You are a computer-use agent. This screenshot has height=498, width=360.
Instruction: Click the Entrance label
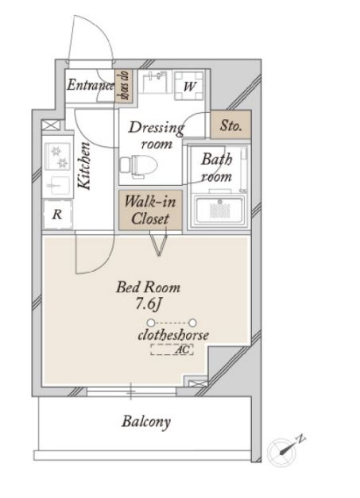[91, 85]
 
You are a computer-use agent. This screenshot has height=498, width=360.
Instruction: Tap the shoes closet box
[124, 86]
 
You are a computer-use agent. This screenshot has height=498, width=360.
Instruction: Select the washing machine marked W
[189, 86]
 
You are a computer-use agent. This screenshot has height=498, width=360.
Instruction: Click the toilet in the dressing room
[139, 164]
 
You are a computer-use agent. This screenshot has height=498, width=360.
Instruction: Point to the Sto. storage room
[231, 125]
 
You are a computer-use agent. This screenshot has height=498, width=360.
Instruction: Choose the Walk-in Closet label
[150, 210]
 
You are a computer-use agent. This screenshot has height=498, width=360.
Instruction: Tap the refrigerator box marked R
[57, 214]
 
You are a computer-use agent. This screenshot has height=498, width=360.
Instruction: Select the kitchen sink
[57, 185]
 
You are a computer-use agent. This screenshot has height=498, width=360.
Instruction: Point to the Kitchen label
[84, 166]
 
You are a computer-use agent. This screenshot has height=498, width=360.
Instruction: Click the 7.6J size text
[149, 304]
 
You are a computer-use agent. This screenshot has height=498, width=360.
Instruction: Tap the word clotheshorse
[173, 335]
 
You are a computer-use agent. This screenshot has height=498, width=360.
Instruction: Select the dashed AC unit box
[172, 349]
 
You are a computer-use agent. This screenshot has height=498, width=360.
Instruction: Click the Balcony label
[146, 422]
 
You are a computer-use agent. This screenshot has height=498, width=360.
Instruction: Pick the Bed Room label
[148, 287]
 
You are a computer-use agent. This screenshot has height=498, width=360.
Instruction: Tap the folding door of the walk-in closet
[159, 245]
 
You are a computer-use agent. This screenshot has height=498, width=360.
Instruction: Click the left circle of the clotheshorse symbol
[151, 323]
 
